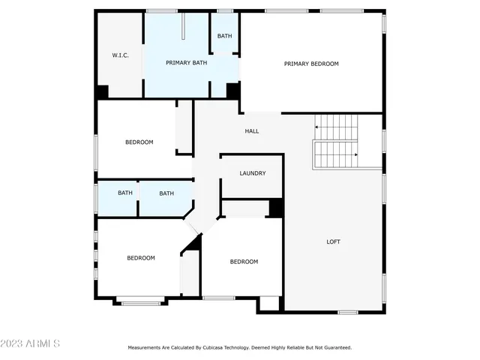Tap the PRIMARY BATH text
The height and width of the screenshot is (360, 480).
(186, 63)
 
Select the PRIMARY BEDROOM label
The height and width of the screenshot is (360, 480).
(311, 64)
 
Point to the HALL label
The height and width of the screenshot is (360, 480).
(252, 131)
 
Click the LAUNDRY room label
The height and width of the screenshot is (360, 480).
(253, 173)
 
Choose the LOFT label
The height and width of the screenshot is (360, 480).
(333, 241)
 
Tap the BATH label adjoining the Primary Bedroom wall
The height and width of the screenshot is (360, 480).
(224, 36)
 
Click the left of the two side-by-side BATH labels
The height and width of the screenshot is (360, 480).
(125, 193)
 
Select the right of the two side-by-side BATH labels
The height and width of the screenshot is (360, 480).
(166, 193)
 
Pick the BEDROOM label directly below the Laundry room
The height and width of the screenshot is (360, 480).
(244, 262)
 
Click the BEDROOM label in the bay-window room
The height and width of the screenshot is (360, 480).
(140, 258)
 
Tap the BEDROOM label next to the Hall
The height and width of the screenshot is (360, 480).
(139, 142)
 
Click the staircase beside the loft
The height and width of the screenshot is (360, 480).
(336, 141)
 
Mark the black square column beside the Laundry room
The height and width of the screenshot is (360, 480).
(275, 208)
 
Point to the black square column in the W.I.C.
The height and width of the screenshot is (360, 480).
(102, 91)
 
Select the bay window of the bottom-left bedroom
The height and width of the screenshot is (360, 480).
(140, 303)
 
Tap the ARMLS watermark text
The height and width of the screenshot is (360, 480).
(30, 343)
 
